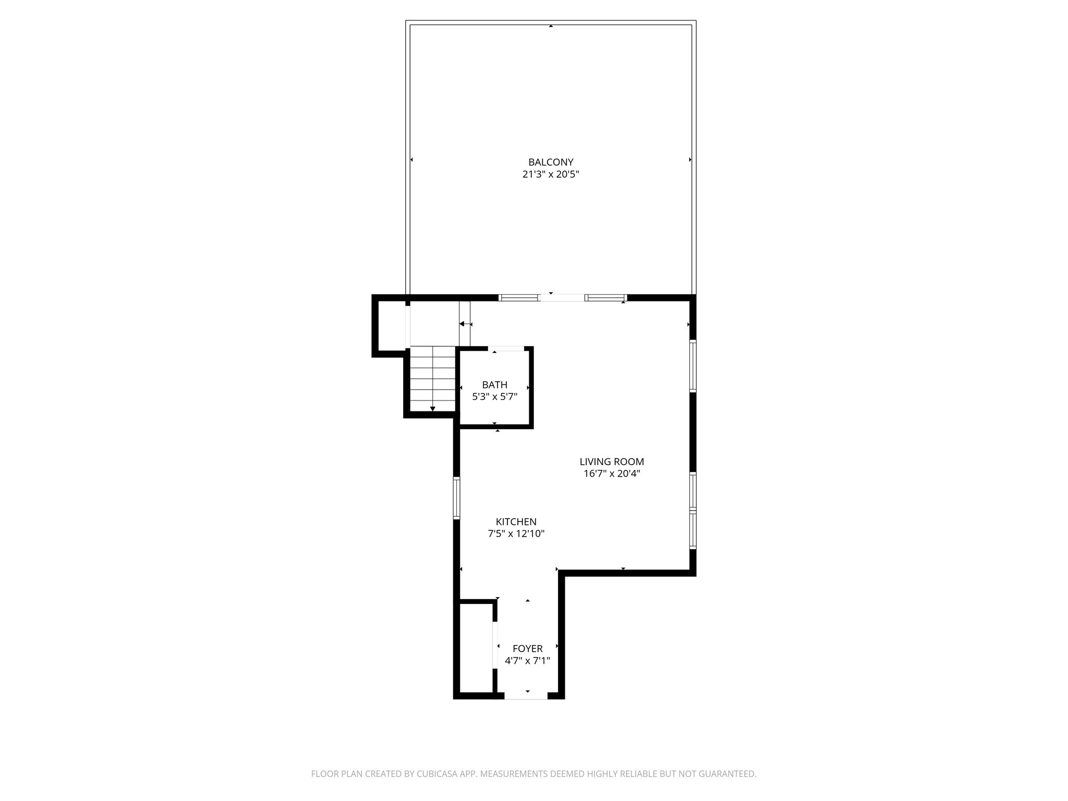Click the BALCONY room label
point(551,162)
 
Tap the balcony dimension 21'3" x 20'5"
point(551,175)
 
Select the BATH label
point(494,385)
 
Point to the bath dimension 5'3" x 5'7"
point(494,397)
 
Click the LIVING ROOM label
point(612,462)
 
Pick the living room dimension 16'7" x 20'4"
point(612,474)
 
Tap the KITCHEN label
point(516,521)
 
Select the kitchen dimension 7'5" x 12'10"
point(516,534)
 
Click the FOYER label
point(527,649)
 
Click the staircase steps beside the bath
point(433,378)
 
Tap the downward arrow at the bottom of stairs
point(433,409)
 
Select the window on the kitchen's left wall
point(456,498)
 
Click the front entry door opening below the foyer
point(526,696)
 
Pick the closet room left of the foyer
point(476,648)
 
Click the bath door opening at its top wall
point(506,348)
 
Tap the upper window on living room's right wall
point(693,366)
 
